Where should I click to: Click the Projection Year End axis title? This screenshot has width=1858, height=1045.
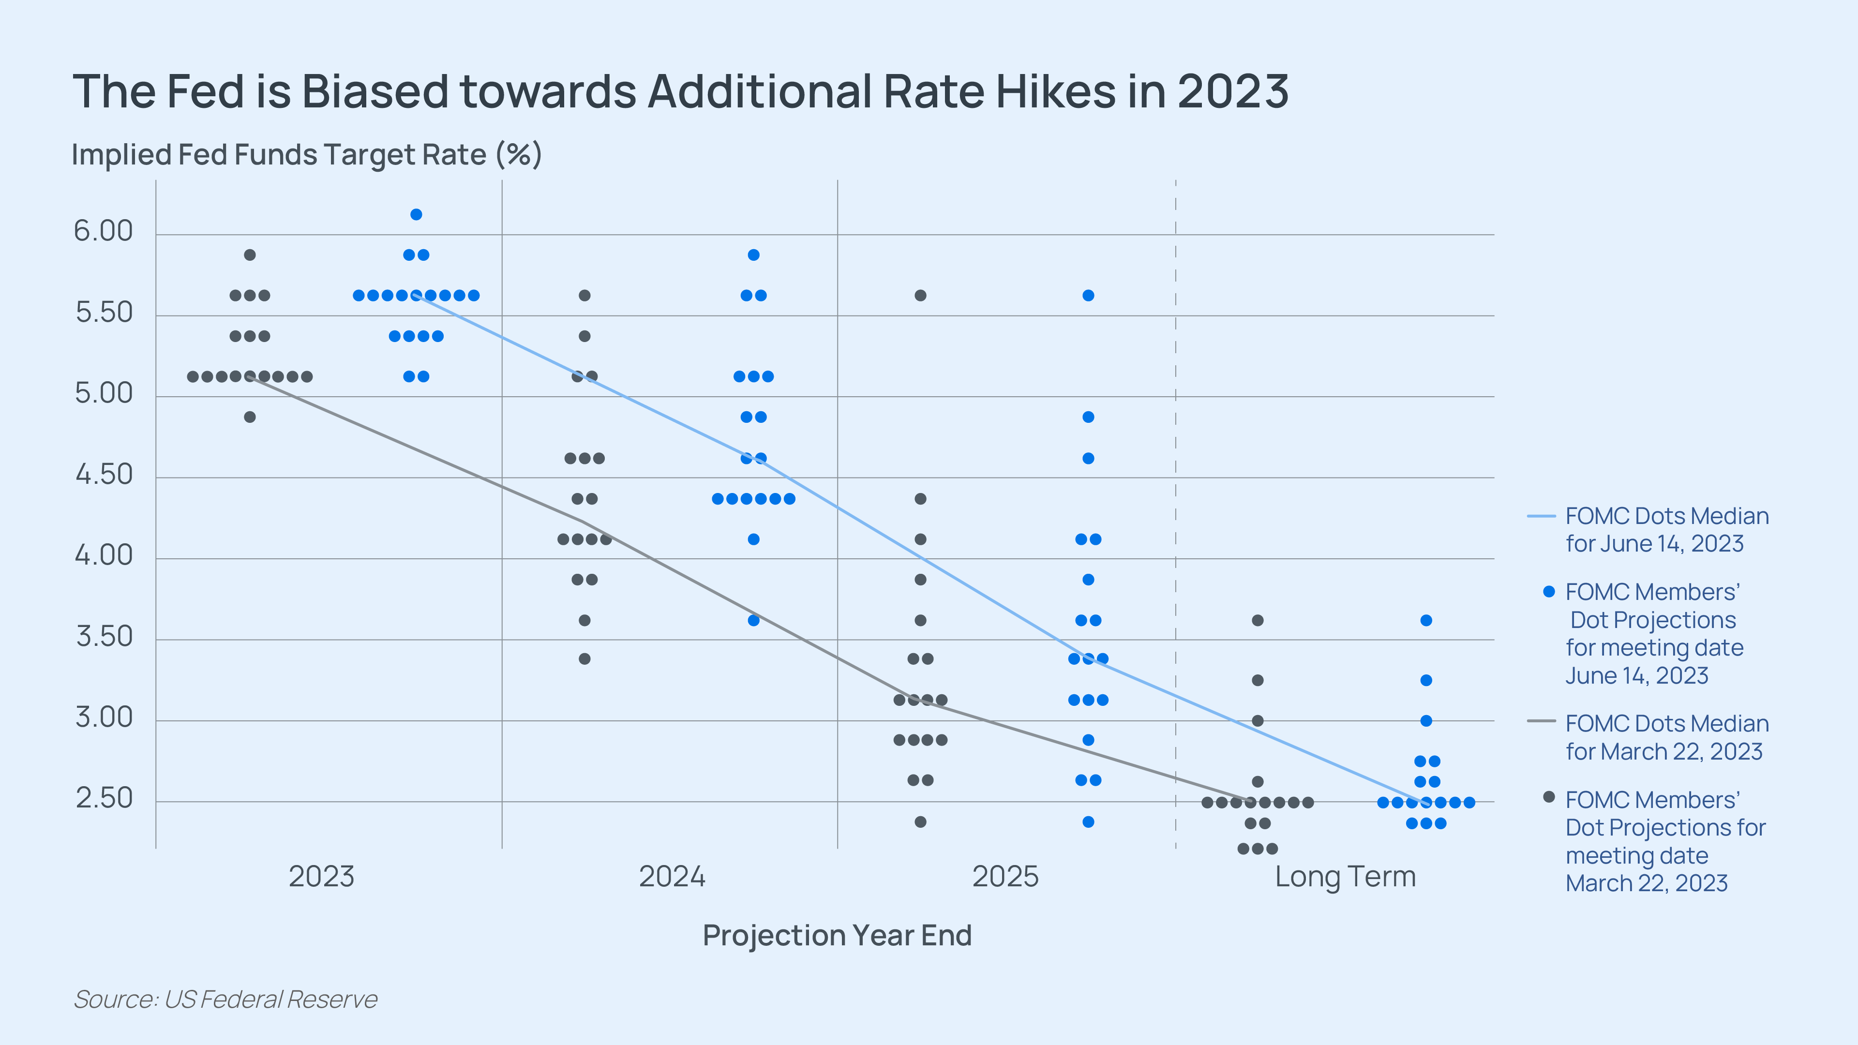837,935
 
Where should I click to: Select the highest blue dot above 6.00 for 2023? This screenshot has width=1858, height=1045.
416,214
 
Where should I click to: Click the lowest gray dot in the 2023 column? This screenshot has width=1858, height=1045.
250,417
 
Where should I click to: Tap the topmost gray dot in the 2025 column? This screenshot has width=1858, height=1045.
920,295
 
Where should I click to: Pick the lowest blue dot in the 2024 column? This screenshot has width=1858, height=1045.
753,620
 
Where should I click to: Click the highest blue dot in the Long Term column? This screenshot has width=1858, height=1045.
1426,620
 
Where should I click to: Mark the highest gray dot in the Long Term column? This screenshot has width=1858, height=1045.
1257,620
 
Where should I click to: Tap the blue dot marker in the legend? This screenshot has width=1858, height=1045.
1548,591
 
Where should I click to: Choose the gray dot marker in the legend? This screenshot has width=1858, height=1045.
1548,797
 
